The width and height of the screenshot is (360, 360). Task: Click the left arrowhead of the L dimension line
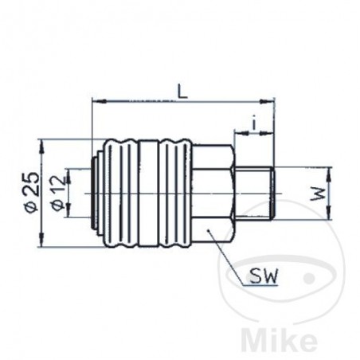click(97, 103)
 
